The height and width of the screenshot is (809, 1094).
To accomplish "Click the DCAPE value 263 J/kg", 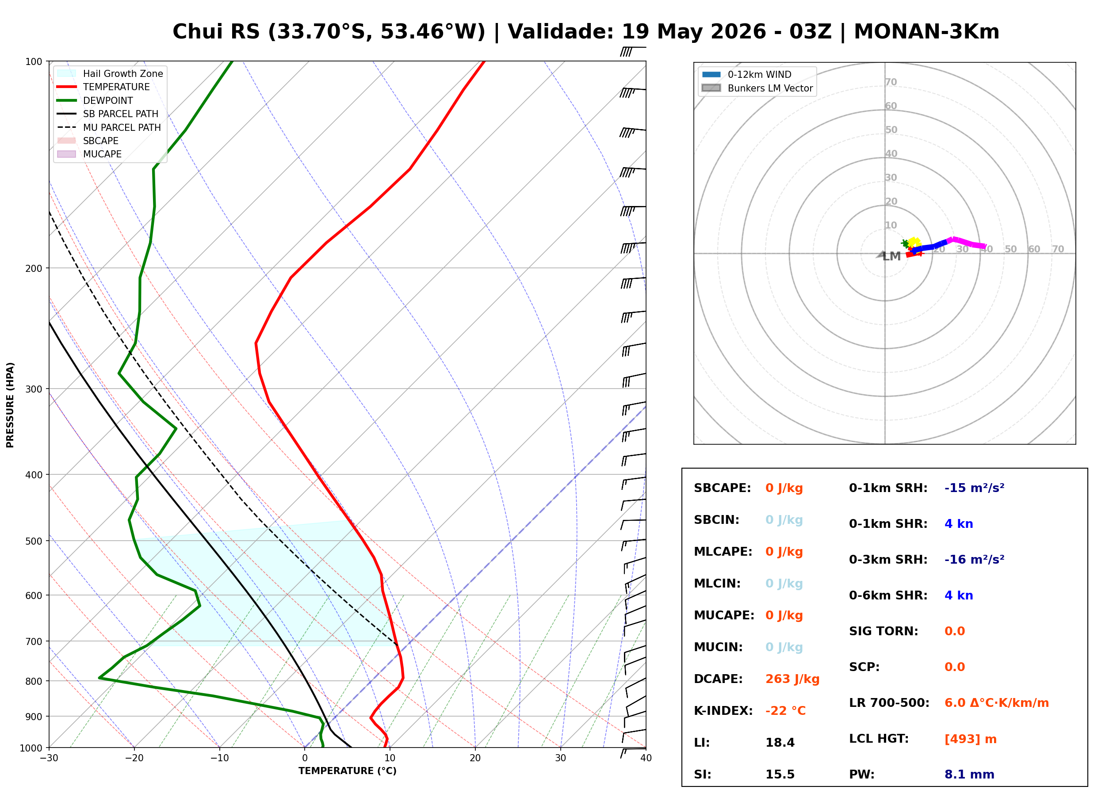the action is (x=792, y=679).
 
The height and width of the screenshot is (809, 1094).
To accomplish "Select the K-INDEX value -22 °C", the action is (x=785, y=710).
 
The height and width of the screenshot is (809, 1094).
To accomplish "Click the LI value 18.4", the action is (x=780, y=742).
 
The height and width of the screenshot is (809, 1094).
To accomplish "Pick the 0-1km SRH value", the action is (x=974, y=488).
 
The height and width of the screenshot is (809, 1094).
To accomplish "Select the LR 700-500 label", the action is (x=889, y=703).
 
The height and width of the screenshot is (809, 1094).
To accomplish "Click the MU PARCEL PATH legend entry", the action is (x=109, y=127).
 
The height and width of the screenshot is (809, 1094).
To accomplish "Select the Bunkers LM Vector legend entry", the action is (x=757, y=88).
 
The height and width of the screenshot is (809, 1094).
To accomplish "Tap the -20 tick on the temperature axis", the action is (x=134, y=758).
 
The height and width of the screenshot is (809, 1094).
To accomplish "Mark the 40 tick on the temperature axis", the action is (x=646, y=758).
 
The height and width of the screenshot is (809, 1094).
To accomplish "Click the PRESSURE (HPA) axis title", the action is (x=10, y=404).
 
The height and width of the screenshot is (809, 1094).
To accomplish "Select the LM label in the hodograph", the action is (x=891, y=256).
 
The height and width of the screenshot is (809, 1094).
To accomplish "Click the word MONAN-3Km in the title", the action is (x=926, y=32).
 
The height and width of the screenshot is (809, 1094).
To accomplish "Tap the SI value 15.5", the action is (x=780, y=774).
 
